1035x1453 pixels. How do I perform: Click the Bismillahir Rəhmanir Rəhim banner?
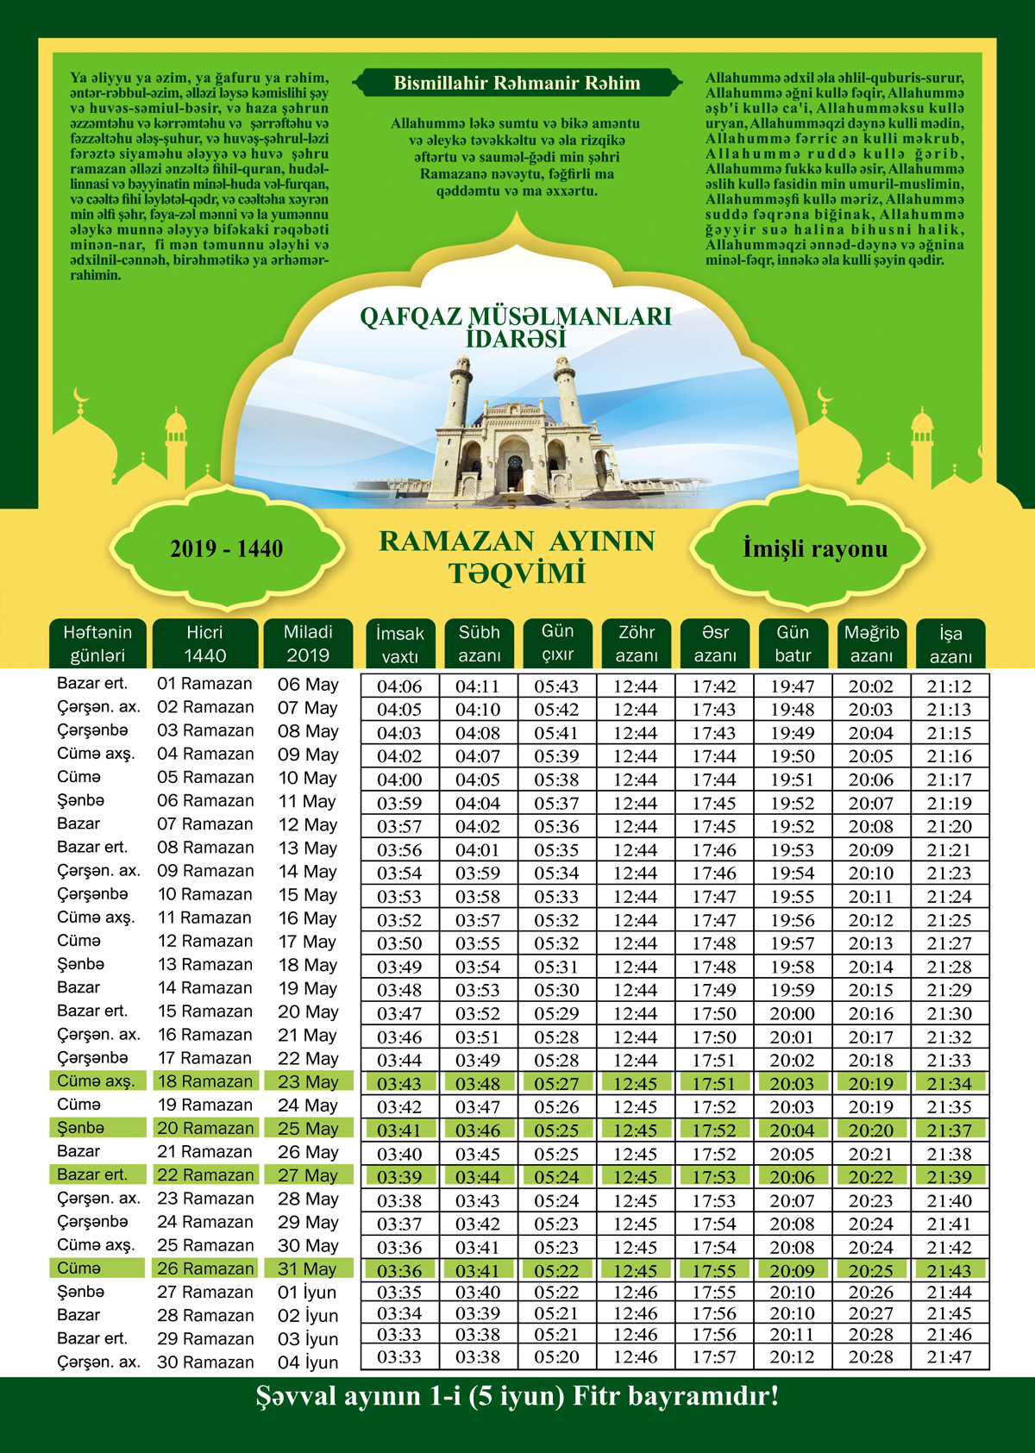pyautogui.click(x=517, y=84)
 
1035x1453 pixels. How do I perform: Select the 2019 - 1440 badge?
pyautogui.click(x=226, y=548)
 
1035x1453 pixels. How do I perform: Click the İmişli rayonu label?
pyautogui.click(x=814, y=548)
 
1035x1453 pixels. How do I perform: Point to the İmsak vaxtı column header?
pyautogui.click(x=400, y=644)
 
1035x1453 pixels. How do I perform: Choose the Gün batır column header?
pyautogui.click(x=793, y=643)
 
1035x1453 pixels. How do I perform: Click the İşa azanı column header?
pyautogui.click(x=950, y=644)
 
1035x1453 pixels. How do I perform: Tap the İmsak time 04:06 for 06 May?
pyautogui.click(x=399, y=687)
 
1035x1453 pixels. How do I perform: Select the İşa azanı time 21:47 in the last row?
pyautogui.click(x=950, y=1357)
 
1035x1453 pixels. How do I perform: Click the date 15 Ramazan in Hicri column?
pyautogui.click(x=205, y=1011)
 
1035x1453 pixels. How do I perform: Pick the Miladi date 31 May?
pyautogui.click(x=308, y=1269)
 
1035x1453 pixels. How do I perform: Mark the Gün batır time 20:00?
pyautogui.click(x=792, y=1014)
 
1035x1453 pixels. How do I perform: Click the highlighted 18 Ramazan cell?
pyautogui.click(x=205, y=1081)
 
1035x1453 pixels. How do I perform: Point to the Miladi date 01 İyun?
pyautogui.click(x=308, y=1293)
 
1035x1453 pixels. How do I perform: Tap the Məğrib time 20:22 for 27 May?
pyautogui.click(x=871, y=1177)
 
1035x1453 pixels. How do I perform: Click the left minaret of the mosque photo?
pyautogui.click(x=459, y=392)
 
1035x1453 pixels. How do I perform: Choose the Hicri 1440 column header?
pyautogui.click(x=205, y=643)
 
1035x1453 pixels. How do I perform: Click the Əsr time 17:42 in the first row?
pyautogui.click(x=714, y=687)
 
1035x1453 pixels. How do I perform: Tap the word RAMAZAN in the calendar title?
pyautogui.click(x=456, y=542)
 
